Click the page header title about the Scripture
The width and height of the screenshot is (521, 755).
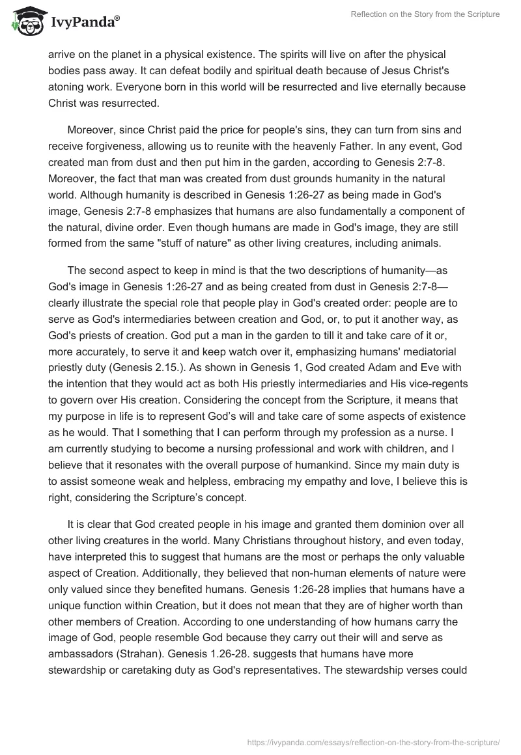click(425, 14)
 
